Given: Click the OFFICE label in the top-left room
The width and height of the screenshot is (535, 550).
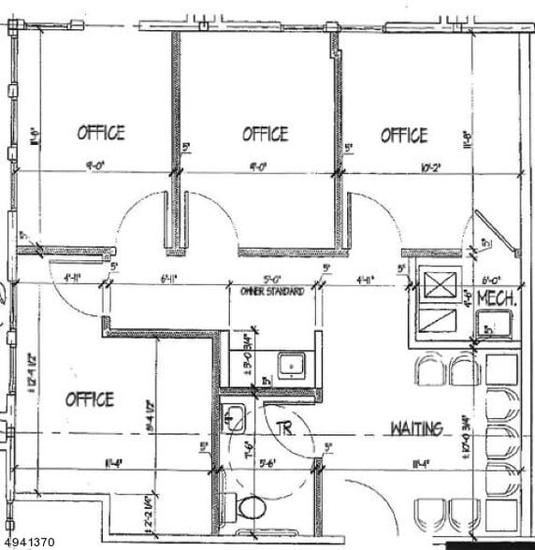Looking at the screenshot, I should (x=100, y=133).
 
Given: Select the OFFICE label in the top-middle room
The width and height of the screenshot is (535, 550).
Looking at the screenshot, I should (x=265, y=134).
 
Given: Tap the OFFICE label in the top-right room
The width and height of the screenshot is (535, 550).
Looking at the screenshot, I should (x=404, y=135).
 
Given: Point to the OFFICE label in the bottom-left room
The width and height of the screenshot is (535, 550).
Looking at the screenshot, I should (x=90, y=399).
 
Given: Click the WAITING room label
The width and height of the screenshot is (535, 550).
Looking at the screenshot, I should (x=416, y=428).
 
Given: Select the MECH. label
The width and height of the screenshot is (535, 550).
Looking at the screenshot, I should (x=498, y=297).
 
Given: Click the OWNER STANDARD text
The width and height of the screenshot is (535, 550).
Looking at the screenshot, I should (x=271, y=292).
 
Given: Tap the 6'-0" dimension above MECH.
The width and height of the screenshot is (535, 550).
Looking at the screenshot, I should (x=492, y=279).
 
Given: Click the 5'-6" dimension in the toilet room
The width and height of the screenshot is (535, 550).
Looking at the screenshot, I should (x=269, y=461).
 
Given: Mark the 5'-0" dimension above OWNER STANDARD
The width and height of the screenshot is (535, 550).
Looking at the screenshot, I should (x=272, y=279).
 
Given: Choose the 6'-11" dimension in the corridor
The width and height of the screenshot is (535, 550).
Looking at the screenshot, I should (x=169, y=279).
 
